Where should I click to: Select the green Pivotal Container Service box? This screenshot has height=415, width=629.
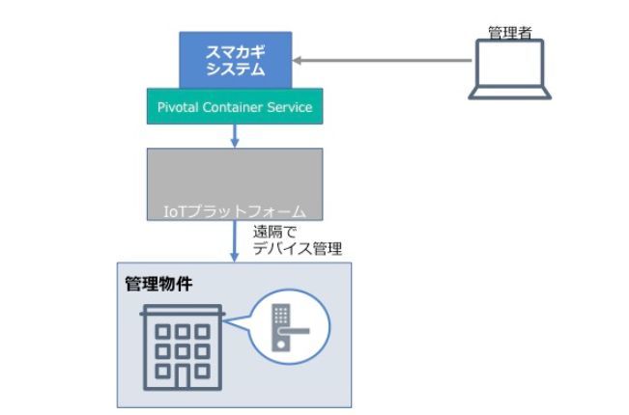coord(234,107)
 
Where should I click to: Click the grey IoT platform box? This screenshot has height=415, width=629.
coord(234,179)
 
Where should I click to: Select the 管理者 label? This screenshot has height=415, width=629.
coord(509,33)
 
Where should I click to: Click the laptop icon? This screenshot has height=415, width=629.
coord(509,69)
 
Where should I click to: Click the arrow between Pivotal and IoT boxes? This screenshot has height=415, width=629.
coord(234,136)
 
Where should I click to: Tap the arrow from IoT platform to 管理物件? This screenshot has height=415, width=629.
coord(234,241)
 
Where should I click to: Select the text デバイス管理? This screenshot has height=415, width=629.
coord(297,249)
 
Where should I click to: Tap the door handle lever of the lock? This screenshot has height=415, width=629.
coord(296,331)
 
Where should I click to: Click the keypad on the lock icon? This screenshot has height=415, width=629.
coord(280,314)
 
